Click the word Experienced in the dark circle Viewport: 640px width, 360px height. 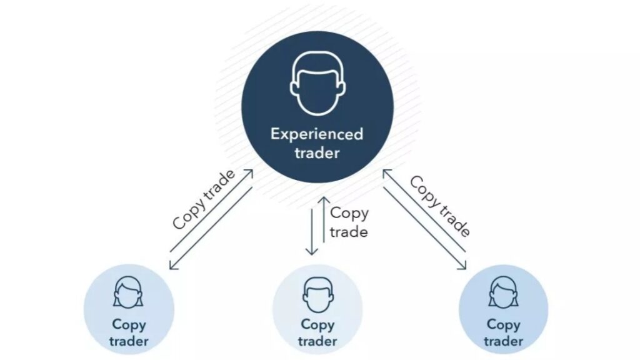point(317,134)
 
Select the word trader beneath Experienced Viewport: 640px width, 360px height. point(317,153)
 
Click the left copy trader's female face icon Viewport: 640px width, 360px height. point(129,292)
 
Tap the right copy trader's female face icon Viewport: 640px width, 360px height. point(503,292)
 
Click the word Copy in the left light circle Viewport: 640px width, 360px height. point(129,324)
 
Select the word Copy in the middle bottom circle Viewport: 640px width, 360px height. point(317,324)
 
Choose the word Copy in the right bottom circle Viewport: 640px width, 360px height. point(503,324)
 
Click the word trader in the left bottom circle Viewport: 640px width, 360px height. point(129,341)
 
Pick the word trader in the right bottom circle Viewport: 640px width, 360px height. point(503,341)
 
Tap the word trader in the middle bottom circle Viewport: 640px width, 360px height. point(317,341)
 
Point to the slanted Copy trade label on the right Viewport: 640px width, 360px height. point(439,206)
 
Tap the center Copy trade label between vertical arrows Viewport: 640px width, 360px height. point(349,222)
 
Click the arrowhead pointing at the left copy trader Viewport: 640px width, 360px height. point(172,267)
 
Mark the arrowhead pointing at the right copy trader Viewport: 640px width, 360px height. point(464,267)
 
